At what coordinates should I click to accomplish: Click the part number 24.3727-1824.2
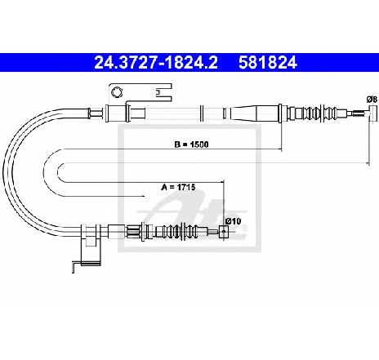pyautogui.click(x=156, y=63)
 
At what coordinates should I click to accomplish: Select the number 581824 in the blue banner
pyautogui.click(x=268, y=63)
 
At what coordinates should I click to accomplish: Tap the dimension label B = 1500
pyautogui.click(x=191, y=144)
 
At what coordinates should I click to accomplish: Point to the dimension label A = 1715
pyautogui.click(x=178, y=187)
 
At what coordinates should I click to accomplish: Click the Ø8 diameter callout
pyautogui.click(x=372, y=100)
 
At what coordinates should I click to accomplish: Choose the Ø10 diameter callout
pyautogui.click(x=234, y=221)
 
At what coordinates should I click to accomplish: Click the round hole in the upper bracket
pyautogui.click(x=117, y=92)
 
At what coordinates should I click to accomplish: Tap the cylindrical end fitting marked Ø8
pyautogui.click(x=372, y=113)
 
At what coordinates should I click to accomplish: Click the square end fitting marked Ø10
pyautogui.click(x=224, y=232)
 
